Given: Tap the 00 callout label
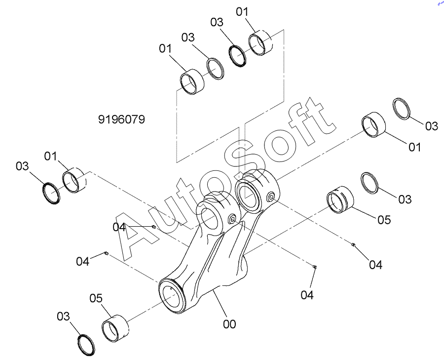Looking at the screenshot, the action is click(229, 324).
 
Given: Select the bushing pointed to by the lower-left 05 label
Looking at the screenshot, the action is click(115, 328).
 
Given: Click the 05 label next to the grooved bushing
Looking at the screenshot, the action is click(384, 219).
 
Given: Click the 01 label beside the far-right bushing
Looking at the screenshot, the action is click(414, 147).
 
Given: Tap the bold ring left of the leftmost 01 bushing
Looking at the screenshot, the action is click(51, 192).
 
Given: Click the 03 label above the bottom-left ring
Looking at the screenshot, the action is click(64, 316).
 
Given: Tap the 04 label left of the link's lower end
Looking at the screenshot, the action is click(83, 261).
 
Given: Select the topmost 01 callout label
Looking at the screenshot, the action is click(243, 11).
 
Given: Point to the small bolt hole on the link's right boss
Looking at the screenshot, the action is click(271, 198).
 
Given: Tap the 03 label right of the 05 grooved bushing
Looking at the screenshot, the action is click(405, 199).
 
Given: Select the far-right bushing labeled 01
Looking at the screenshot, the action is click(374, 125).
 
